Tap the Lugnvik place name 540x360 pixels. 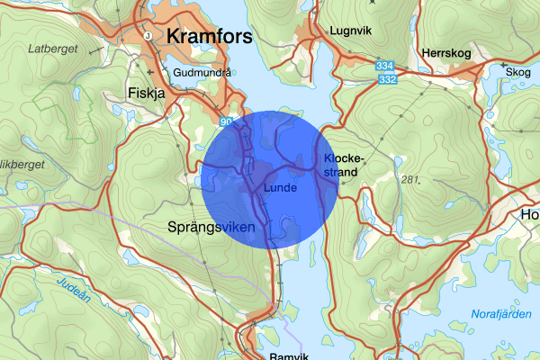(x=354, y=29)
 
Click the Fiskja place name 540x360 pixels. (x=147, y=93)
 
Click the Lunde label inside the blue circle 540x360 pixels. (x=281, y=188)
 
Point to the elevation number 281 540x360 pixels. (x=412, y=180)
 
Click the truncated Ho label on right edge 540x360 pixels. (x=529, y=215)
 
